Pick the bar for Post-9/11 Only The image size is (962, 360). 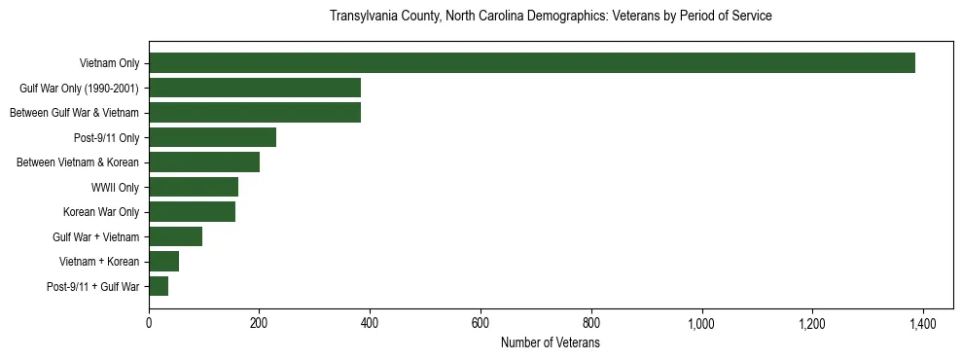click(x=212, y=137)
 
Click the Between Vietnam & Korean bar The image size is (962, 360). click(x=204, y=162)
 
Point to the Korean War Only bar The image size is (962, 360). click(x=192, y=212)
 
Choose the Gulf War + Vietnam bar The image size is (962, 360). click(x=175, y=236)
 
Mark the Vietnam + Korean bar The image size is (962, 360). click(x=163, y=261)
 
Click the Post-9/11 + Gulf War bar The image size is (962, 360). click(x=159, y=286)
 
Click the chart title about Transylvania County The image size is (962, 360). click(x=551, y=17)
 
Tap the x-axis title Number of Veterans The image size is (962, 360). click(x=550, y=343)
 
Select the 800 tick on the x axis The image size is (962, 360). click(x=590, y=323)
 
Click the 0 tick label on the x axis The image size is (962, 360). click(x=149, y=323)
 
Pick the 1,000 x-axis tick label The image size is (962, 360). click(x=701, y=323)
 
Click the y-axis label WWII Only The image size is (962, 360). click(x=115, y=187)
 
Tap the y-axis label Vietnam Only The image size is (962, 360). click(x=109, y=63)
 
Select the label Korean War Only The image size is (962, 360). click(x=101, y=212)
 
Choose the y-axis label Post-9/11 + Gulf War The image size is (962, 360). click(x=93, y=286)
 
